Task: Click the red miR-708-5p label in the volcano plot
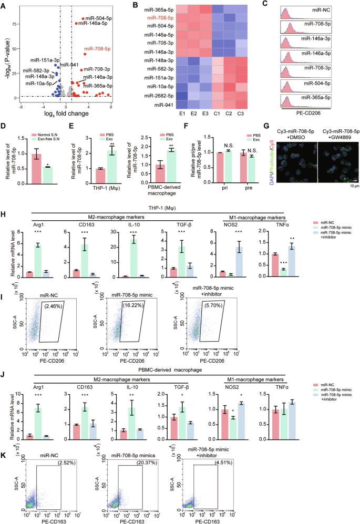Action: (97, 50)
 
